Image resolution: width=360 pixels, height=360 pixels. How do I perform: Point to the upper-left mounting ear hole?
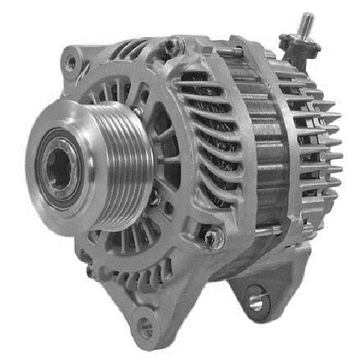point(70,64)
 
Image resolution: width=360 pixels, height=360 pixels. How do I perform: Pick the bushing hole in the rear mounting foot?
point(256,302)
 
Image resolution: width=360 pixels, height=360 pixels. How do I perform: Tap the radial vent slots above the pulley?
point(115,86)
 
